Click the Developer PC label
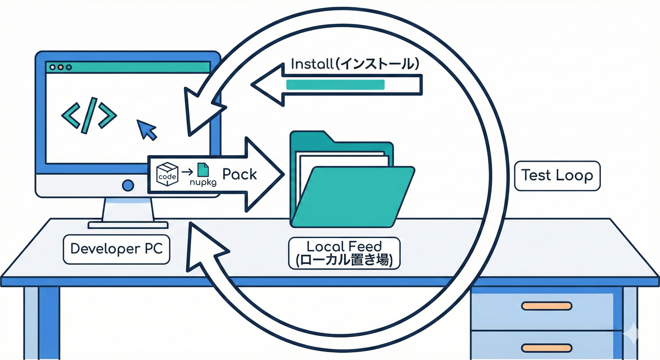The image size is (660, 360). (x=116, y=248)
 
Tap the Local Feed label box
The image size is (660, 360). (x=344, y=253)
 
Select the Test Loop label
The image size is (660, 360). (x=557, y=176)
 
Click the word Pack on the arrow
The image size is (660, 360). (x=240, y=174)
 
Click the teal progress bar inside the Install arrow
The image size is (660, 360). (x=335, y=85)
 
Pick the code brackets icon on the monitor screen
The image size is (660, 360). (x=89, y=115)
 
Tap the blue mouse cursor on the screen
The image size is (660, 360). (x=147, y=129)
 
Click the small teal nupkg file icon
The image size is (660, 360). (x=202, y=170)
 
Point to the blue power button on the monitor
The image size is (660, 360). (x=127, y=186)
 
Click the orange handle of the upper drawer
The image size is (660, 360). (x=546, y=306)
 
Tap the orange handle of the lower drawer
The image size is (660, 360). (x=546, y=348)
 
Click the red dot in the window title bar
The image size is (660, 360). (x=52, y=67)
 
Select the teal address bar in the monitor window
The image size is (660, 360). (x=141, y=67)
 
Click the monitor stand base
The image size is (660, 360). (x=127, y=225)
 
